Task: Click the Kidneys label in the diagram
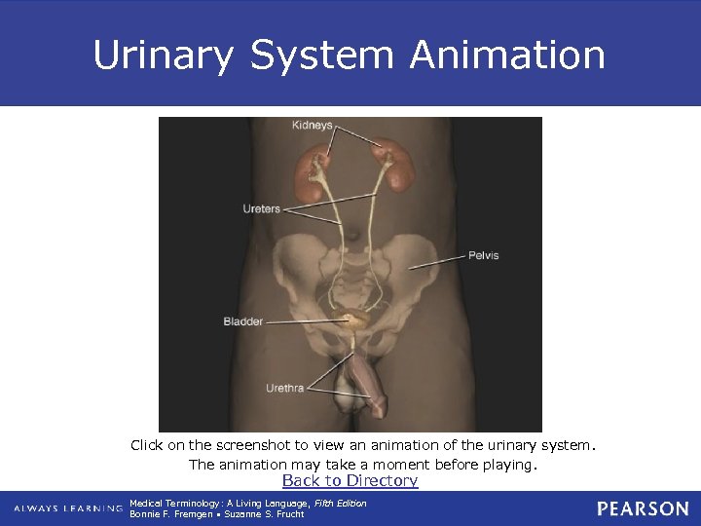[313, 125]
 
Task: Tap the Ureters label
[261, 208]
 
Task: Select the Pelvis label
[483, 255]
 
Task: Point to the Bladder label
[242, 321]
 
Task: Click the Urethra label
[284, 389]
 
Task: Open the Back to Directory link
[350, 480]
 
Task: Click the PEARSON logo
[643, 508]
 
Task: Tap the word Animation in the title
[507, 55]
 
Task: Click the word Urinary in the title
[164, 55]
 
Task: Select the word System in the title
[321, 55]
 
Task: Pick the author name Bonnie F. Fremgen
[170, 513]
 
